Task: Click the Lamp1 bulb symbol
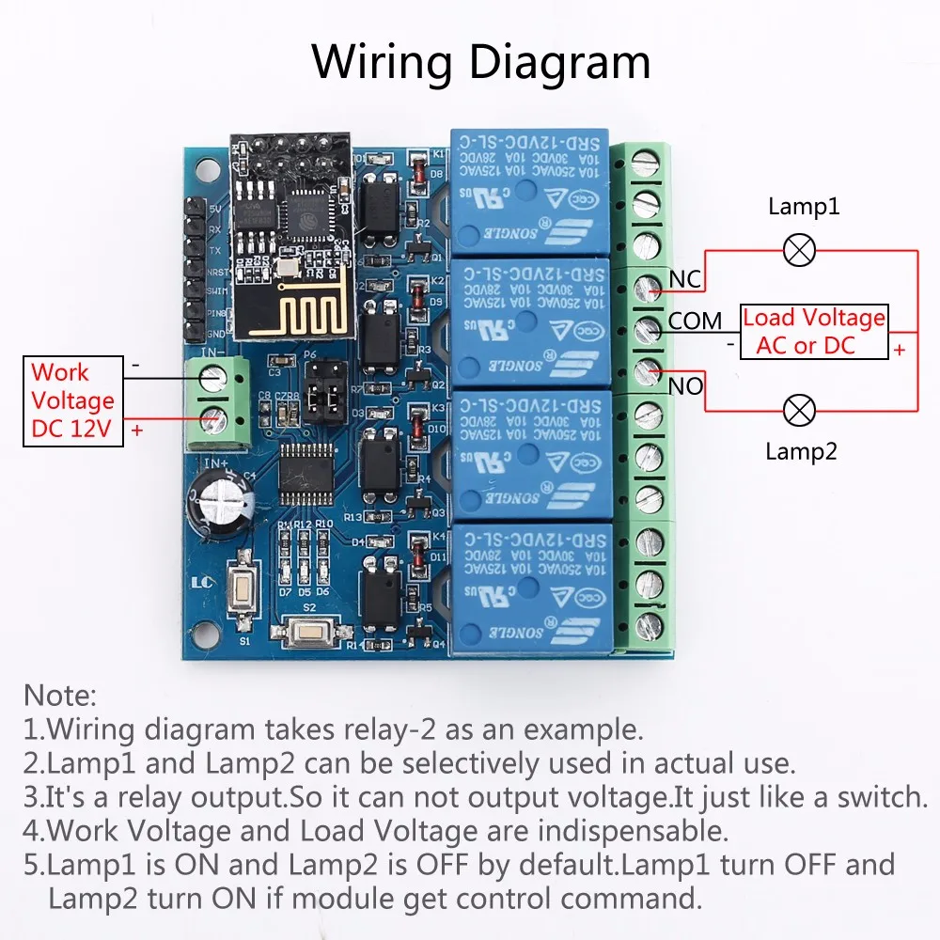click(801, 250)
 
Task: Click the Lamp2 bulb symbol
click(801, 410)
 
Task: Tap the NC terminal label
click(686, 278)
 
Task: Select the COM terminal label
click(696, 321)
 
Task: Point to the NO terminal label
click(686, 385)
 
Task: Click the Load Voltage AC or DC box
click(814, 332)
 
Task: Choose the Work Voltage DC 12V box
click(72, 399)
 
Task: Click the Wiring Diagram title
click(481, 62)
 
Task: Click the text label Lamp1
click(803, 207)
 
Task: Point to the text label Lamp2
click(801, 451)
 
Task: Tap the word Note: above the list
click(60, 696)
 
